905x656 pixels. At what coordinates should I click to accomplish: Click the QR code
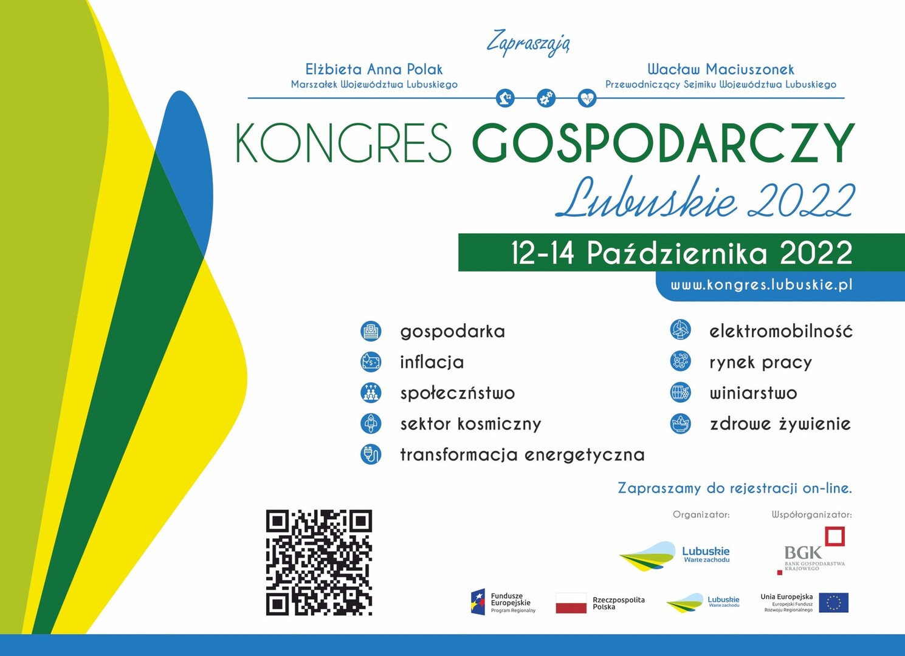pyautogui.click(x=318, y=562)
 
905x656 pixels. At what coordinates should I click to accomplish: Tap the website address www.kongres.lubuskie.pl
pyautogui.click(x=762, y=285)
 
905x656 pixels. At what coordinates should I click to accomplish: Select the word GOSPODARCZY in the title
pyautogui.click(x=662, y=143)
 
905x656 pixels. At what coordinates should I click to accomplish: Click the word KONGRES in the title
pyautogui.click(x=343, y=143)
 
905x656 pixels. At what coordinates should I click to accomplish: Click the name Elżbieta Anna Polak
pyautogui.click(x=374, y=69)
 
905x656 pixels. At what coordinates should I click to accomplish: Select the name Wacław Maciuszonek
pyautogui.click(x=721, y=69)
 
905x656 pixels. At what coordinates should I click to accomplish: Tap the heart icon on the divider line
pyautogui.click(x=587, y=98)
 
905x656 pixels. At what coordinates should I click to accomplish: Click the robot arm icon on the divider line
pyautogui.click(x=505, y=98)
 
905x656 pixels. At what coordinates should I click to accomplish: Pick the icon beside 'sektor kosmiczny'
pyautogui.click(x=371, y=423)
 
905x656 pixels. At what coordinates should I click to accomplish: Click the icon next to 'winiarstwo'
pyautogui.click(x=680, y=392)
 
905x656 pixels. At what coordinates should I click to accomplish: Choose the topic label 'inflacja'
pyautogui.click(x=432, y=362)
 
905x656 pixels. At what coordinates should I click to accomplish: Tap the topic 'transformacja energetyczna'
pyautogui.click(x=522, y=455)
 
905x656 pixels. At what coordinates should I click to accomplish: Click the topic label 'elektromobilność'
pyautogui.click(x=781, y=331)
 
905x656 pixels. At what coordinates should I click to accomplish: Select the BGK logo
pyautogui.click(x=811, y=550)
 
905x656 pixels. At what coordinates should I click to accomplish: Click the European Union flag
pyautogui.click(x=834, y=603)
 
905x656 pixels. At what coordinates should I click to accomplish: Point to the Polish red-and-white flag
pyautogui.click(x=571, y=603)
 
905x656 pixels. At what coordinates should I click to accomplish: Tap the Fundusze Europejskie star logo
pyautogui.click(x=478, y=602)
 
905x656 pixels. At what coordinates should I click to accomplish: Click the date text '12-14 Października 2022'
pyautogui.click(x=681, y=253)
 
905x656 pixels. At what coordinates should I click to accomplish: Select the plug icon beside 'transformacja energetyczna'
pyautogui.click(x=371, y=454)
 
